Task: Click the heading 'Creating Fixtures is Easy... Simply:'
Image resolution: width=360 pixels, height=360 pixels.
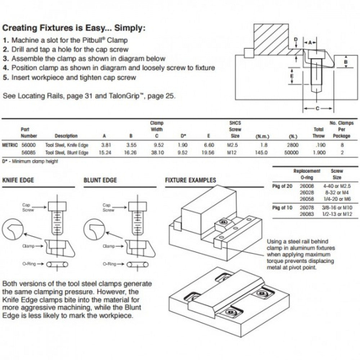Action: pos(74,28)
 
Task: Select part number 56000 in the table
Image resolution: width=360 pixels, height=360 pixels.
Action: pos(27,145)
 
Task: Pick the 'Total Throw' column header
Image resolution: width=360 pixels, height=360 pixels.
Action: pos(319,132)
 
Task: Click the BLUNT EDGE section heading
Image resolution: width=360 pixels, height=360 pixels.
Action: pos(100,180)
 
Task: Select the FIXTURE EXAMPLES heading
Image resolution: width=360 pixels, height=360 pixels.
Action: pos(190,180)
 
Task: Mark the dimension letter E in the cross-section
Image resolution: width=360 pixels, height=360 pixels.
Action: pos(292,76)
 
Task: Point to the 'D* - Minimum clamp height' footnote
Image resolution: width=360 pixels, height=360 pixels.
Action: pos(30,161)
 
